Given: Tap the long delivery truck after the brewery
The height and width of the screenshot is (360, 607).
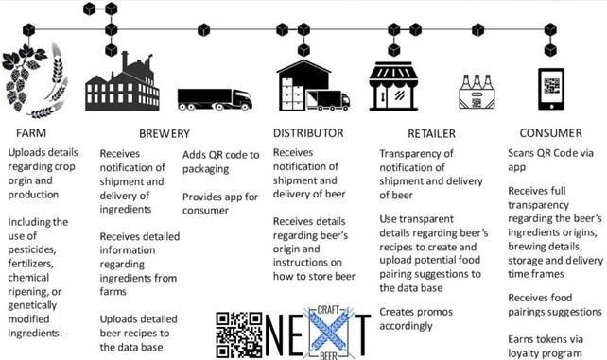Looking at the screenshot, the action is click(214, 98).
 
